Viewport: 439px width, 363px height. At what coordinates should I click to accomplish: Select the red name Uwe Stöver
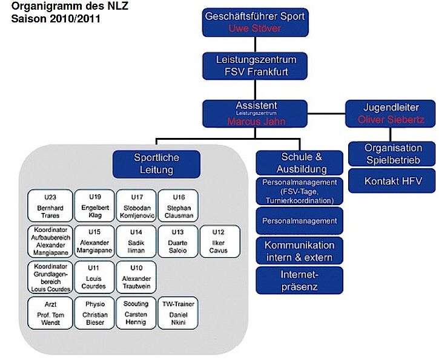coord(255,28)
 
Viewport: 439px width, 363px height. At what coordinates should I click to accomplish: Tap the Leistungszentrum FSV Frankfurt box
coord(255,66)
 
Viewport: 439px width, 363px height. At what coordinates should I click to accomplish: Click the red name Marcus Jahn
coord(256,122)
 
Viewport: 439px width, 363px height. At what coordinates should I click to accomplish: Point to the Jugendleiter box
coord(391,113)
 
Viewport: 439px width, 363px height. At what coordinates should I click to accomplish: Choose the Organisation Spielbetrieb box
coord(393,154)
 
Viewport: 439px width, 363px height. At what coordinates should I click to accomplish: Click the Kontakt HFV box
coord(393,181)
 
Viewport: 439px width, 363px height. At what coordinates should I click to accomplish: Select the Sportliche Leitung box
coord(157,164)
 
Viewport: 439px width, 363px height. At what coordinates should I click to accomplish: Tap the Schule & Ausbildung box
coord(299,163)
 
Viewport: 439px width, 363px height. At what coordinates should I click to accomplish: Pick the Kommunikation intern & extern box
coord(299,251)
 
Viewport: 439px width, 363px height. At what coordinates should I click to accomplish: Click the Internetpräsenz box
coord(299,280)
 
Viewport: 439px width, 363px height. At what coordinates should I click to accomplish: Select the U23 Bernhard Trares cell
coord(50,206)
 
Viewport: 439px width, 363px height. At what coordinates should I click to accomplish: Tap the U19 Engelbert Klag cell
coord(94,206)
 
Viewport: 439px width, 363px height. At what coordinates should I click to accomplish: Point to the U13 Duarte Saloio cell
coord(177,241)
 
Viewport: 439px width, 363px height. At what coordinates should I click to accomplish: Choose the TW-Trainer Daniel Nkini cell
coord(177,313)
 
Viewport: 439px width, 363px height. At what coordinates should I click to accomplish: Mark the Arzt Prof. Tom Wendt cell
coord(50,313)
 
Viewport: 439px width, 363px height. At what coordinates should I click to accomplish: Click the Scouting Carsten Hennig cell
coord(135,313)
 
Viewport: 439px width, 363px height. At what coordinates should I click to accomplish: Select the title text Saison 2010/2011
coord(56,19)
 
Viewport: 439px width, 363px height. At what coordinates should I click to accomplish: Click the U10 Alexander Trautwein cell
coord(135,277)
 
